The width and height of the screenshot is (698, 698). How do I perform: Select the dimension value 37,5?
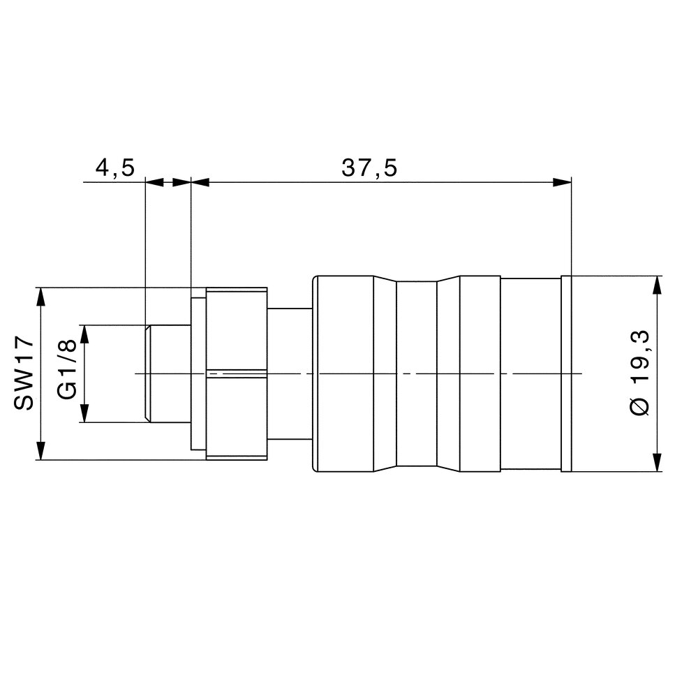pyautogui.click(x=369, y=168)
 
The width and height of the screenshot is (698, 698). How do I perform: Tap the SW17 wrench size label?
pyautogui.click(x=24, y=373)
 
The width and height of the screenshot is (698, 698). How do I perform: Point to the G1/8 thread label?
pyautogui.click(x=67, y=373)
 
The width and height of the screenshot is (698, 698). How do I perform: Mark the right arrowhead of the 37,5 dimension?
pyautogui.click(x=563, y=182)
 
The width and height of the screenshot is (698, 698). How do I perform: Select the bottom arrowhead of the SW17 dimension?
pyautogui.click(x=41, y=450)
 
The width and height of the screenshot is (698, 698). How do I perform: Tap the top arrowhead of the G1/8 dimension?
pyautogui.click(x=84, y=334)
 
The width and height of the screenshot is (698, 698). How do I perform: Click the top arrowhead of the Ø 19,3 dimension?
pyautogui.click(x=657, y=285)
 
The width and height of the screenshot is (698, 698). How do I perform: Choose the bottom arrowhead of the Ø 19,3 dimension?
pyautogui.click(x=657, y=462)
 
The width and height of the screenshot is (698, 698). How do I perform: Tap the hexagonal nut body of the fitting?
pyautogui.click(x=237, y=373)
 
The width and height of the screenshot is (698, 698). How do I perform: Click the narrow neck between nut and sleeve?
pyautogui.click(x=290, y=373)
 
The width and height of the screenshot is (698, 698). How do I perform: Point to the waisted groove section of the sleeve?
pyautogui.click(x=416, y=373)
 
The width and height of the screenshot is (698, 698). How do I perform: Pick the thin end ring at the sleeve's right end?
pyautogui.click(x=566, y=373)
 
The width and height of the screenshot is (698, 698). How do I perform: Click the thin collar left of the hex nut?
pyautogui.click(x=198, y=373)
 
